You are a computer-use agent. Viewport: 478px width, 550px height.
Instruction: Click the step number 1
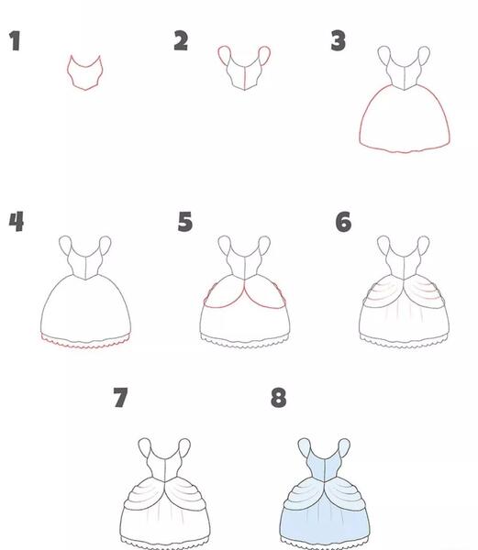coord(15,40)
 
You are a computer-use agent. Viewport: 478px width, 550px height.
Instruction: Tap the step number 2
coord(181,40)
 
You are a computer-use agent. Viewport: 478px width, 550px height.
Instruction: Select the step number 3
coord(339,40)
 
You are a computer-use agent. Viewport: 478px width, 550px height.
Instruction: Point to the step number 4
coord(17,221)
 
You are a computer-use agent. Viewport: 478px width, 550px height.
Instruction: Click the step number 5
coord(185,221)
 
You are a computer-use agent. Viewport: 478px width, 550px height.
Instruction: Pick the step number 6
coord(343,222)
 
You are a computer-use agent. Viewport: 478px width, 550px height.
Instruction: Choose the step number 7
coord(120,398)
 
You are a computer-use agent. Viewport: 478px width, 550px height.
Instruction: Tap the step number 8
coord(279,398)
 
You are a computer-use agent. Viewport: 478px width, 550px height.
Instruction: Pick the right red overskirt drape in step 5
coord(267,308)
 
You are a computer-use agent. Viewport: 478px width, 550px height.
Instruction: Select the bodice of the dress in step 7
coord(164,465)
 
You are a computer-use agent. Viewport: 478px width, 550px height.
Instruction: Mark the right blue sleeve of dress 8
coord(344,448)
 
